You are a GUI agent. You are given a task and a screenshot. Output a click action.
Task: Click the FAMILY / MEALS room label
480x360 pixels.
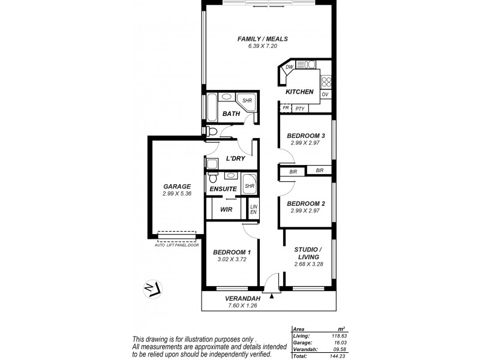(x=263, y=39)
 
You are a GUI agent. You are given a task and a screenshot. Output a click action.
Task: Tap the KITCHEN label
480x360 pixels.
(x=299, y=92)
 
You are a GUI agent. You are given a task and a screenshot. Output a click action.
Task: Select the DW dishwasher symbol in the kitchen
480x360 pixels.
(x=289, y=67)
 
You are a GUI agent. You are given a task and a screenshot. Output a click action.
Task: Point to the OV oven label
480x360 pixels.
(x=325, y=95)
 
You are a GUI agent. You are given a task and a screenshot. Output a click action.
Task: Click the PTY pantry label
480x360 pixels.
(x=300, y=109)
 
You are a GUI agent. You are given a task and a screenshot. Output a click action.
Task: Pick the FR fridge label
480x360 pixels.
(x=286, y=109)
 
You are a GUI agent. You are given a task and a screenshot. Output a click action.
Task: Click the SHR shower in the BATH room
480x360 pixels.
(x=247, y=101)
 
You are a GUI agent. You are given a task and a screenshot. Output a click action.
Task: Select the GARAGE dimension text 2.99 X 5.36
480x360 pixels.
(x=176, y=194)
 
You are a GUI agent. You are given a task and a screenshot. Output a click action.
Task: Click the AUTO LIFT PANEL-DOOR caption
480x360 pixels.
(x=176, y=245)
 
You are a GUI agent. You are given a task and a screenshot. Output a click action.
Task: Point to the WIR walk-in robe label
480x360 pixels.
(x=226, y=209)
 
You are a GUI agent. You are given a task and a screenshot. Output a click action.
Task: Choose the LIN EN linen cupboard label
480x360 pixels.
(x=253, y=209)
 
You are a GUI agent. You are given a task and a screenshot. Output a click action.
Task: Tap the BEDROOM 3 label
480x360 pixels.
(x=305, y=136)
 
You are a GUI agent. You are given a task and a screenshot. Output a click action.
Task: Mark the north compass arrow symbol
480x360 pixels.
(x=151, y=289)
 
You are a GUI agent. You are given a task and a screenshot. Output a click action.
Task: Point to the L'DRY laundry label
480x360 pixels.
(x=235, y=159)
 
